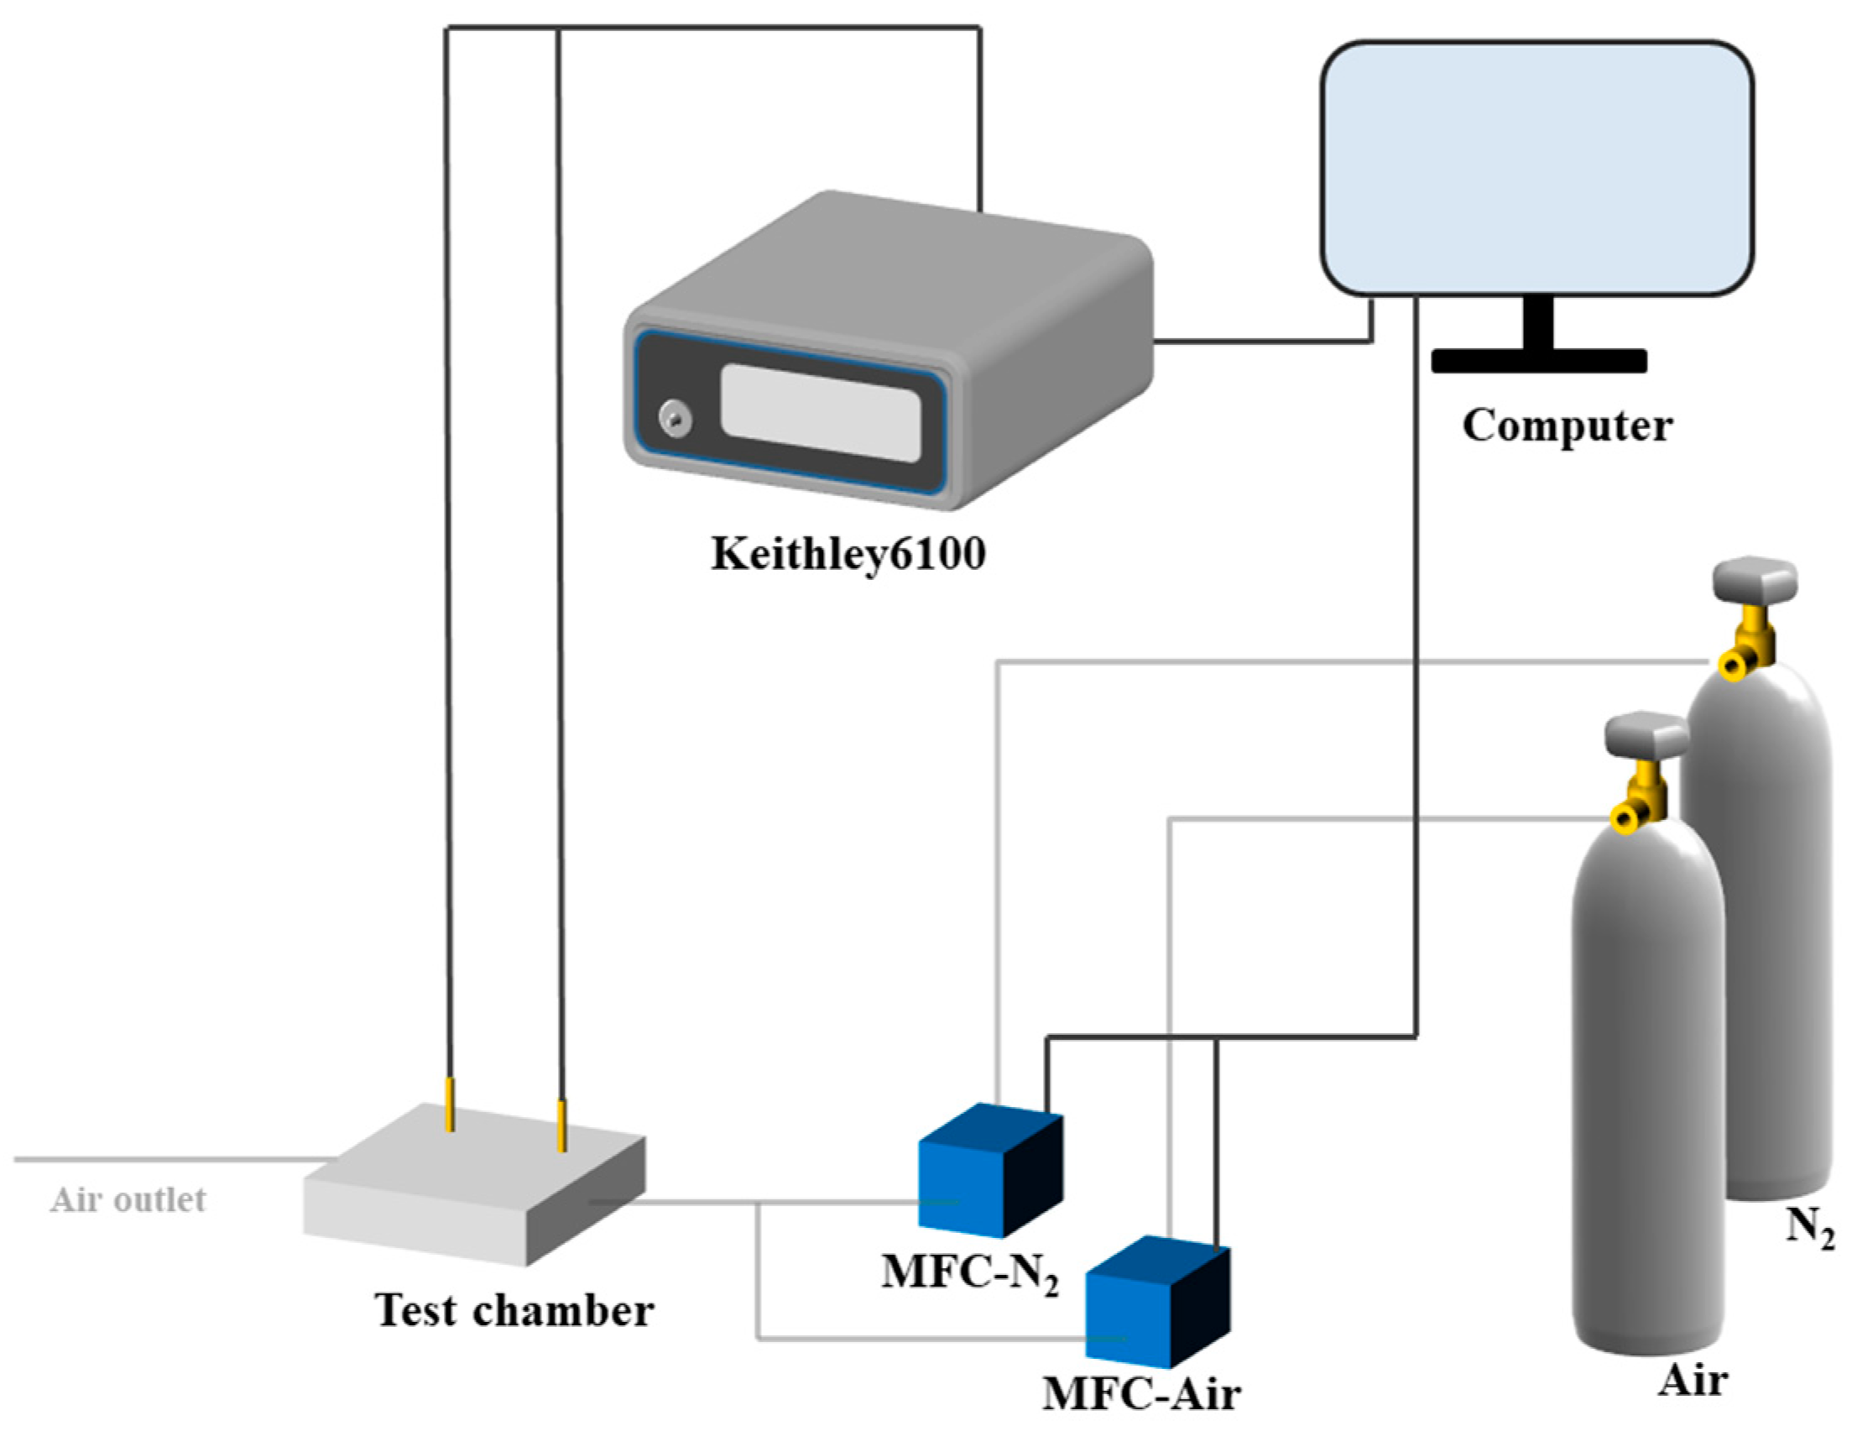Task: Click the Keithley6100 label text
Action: (x=848, y=555)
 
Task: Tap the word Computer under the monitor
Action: (x=1567, y=426)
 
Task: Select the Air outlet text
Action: (x=128, y=1199)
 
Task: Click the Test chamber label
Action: (x=514, y=1309)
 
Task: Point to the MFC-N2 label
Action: (x=969, y=1274)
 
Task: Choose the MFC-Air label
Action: (x=1141, y=1392)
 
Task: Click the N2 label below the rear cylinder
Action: (x=1808, y=1228)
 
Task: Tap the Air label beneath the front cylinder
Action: (x=1692, y=1379)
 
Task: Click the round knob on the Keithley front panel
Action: (x=676, y=419)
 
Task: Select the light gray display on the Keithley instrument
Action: (x=821, y=412)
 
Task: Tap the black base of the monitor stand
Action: (x=1539, y=362)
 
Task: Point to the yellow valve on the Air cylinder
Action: (x=1639, y=803)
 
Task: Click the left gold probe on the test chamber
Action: (x=450, y=1105)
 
